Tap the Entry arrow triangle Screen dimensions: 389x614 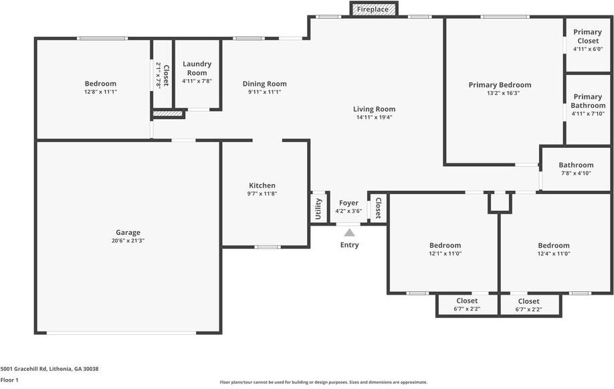tap(349, 232)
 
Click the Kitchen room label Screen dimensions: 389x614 tap(262, 185)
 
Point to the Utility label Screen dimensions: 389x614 tap(318, 208)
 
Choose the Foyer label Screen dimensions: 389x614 tap(348, 203)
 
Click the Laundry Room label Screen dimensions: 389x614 tap(197, 68)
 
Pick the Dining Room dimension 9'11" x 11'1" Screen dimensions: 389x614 tap(264, 92)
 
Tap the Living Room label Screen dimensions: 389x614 tap(374, 109)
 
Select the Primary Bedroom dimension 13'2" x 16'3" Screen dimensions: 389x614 tap(500, 94)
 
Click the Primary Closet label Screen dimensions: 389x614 tap(587, 36)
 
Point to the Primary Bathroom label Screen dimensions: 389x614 tap(588, 101)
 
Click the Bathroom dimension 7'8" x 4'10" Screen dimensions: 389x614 tap(576, 173)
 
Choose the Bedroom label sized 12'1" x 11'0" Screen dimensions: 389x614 tap(445, 246)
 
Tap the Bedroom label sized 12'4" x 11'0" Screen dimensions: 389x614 tap(554, 246)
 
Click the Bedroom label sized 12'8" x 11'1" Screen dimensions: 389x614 tap(100, 84)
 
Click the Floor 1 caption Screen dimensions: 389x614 tap(9, 380)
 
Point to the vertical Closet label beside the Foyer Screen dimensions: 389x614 tap(378, 208)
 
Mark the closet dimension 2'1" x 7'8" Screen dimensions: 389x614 tap(159, 75)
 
